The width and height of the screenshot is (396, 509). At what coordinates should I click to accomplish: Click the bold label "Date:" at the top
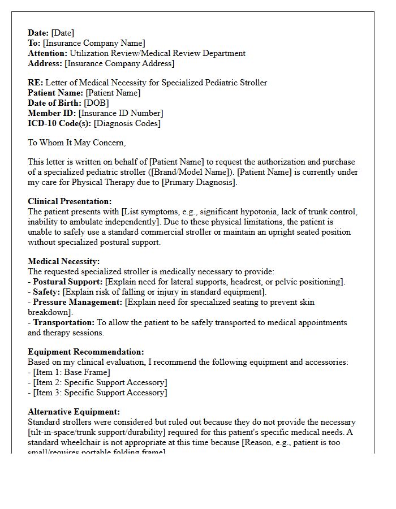tap(38, 33)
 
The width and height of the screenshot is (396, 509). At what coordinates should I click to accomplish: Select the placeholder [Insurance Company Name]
tap(94, 43)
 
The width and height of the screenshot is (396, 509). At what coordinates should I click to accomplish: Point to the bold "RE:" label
tap(35, 83)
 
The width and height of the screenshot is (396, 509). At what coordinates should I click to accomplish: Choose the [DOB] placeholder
tap(96, 103)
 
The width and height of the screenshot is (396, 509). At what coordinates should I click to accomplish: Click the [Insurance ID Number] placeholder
tap(120, 113)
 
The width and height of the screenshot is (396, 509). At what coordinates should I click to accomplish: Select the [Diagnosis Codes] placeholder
tap(127, 123)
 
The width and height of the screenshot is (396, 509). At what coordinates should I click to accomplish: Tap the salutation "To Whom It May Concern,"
tap(77, 143)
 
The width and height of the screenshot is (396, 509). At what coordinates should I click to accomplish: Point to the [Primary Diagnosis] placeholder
tap(199, 182)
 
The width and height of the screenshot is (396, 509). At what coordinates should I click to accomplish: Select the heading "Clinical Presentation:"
tap(70, 201)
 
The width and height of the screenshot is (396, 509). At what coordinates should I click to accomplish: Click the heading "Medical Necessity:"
tap(64, 261)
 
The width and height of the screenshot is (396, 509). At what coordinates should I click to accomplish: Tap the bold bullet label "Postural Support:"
tap(68, 282)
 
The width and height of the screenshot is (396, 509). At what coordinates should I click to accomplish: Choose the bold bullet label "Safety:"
tap(46, 292)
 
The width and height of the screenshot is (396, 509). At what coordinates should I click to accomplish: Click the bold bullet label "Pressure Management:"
tap(78, 302)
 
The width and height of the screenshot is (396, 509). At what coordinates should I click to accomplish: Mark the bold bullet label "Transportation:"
tap(64, 322)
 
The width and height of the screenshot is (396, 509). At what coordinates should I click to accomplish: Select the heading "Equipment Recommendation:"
tap(86, 352)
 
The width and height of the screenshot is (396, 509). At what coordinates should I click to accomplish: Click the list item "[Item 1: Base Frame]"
tap(72, 372)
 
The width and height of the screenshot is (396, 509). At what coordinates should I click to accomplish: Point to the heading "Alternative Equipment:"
tap(74, 412)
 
